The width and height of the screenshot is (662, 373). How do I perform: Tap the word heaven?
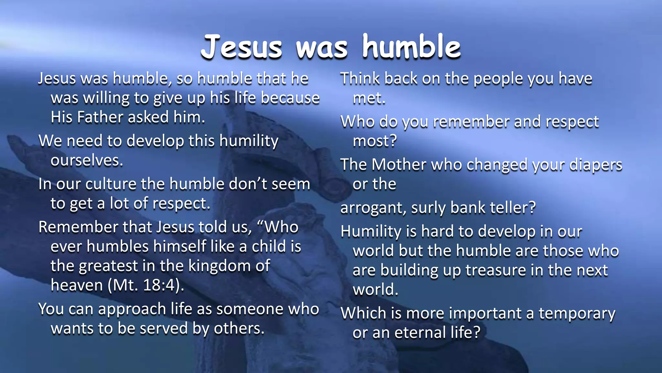pyautogui.click(x=77, y=286)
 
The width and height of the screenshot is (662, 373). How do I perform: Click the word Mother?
pyautogui.click(x=399, y=165)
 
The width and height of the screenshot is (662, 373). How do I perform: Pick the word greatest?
pyautogui.click(x=108, y=266)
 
